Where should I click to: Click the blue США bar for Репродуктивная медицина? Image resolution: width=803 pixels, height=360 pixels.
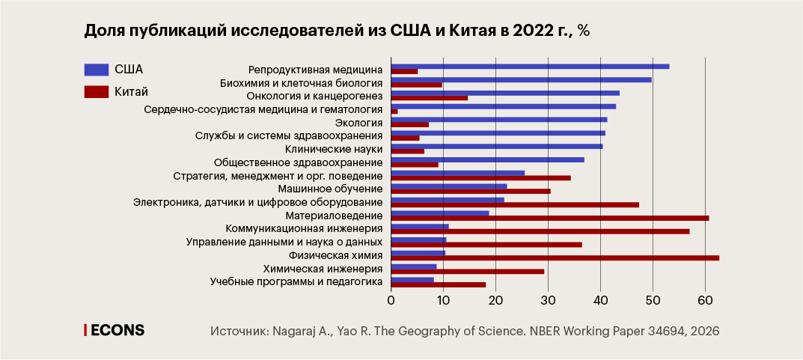pos(530,67)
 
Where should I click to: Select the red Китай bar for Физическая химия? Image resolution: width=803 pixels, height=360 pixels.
pos(555,257)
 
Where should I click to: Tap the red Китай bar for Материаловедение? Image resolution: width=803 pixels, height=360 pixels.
pos(549,218)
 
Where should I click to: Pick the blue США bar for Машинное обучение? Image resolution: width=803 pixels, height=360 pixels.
pos(449,186)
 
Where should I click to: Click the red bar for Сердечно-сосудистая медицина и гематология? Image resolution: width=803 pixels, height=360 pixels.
pos(394,112)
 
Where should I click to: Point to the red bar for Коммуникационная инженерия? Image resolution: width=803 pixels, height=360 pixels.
pos(540,231)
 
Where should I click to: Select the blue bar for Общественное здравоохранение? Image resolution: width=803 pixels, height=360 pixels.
pos(487,159)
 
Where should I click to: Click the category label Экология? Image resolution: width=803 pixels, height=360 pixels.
pos(358,123)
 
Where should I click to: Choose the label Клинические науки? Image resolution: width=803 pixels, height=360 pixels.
pos(341,149)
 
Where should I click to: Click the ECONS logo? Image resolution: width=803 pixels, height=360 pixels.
pos(114,330)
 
